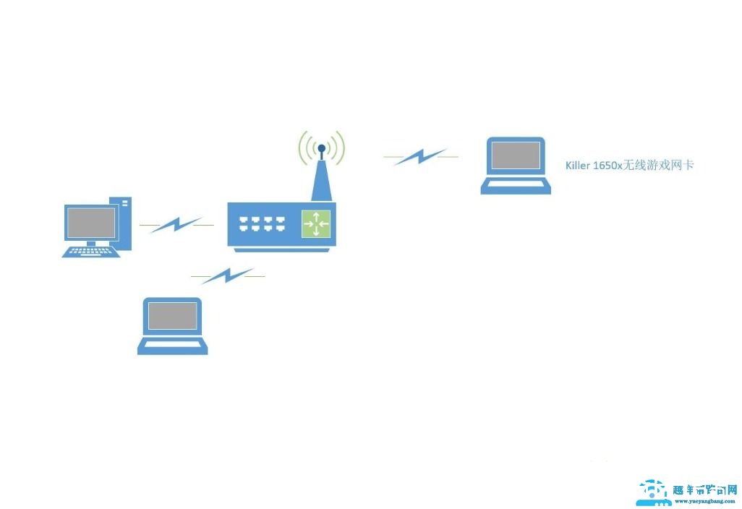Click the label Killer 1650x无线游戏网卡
pos(629,166)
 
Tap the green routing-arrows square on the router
pos(316,223)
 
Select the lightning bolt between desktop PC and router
pos(176,225)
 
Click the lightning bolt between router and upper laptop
pos(419,156)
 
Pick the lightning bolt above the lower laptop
pos(227,275)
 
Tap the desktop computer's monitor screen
pos(91,223)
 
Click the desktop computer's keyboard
pos(90,252)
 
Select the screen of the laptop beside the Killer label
pos(516,156)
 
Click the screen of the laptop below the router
pos(172,316)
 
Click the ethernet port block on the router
pos(260,224)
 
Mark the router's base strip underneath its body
pos(282,249)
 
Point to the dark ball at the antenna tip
pos(321,148)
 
